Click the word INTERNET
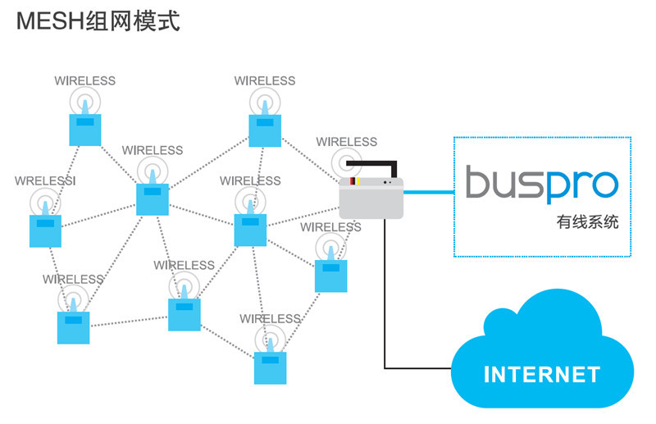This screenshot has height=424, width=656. pos(542,375)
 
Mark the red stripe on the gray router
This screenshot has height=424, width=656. pos(353,180)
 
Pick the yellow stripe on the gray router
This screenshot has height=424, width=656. pos(359,180)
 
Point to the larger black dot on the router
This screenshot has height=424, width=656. pos(383,182)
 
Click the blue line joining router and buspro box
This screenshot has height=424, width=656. pos(429,194)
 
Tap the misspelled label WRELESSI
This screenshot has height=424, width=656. pos(45,180)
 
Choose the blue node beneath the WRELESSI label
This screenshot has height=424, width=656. pos(45,230)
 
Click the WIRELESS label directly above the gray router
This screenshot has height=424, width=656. pos(347,142)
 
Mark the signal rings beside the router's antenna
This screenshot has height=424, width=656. pos(345,162)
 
